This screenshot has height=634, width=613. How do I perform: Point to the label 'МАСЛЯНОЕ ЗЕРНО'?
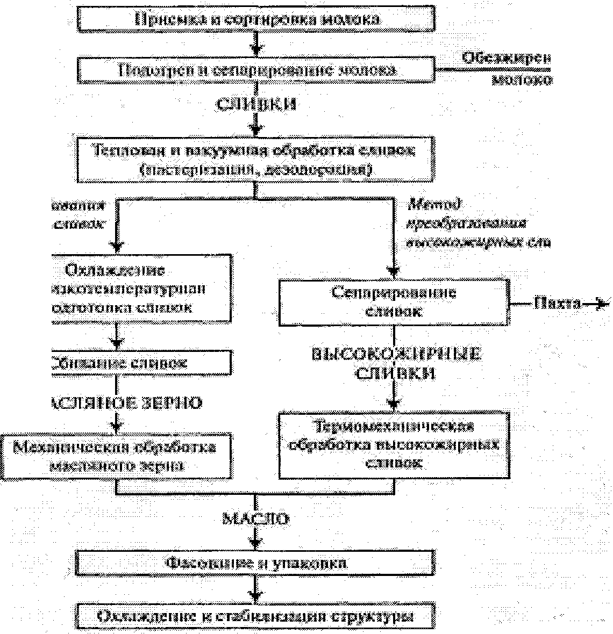pyautogui.click(x=127, y=403)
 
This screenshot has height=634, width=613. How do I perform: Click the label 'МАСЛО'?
pyautogui.click(x=256, y=518)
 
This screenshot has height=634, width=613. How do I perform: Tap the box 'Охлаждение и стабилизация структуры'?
pyautogui.click(x=256, y=616)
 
